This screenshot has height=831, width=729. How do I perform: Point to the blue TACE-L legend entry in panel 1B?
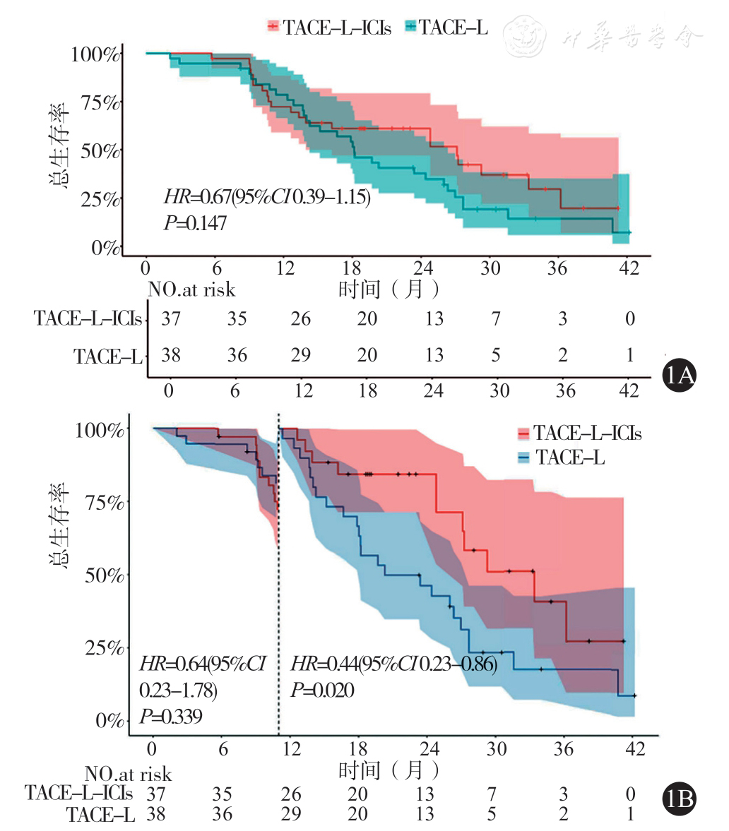click(562, 458)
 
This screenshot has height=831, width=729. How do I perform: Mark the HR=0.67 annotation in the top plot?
click(267, 196)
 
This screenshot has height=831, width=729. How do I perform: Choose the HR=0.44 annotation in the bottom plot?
click(394, 664)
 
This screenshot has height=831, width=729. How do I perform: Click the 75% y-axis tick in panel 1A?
click(96, 102)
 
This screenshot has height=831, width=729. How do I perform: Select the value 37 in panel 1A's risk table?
click(170, 318)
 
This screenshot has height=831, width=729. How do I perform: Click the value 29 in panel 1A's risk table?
click(301, 354)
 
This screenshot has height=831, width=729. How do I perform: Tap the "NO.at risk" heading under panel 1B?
click(127, 774)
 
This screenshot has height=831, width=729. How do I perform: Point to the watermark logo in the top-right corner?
click(526, 31)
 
